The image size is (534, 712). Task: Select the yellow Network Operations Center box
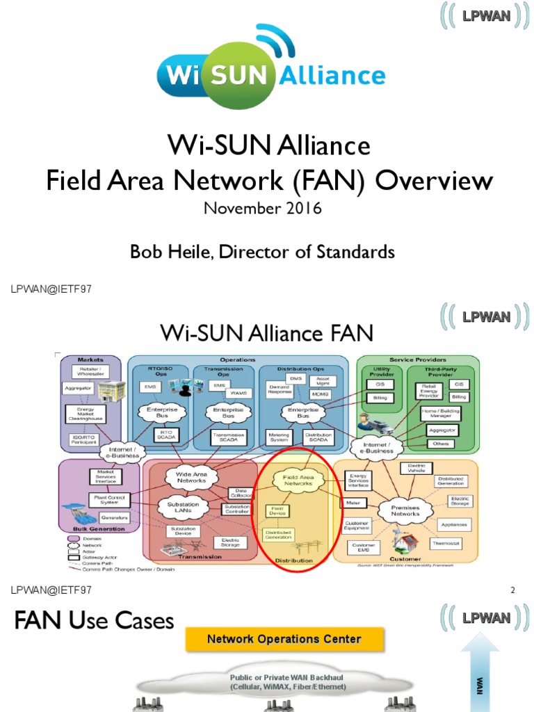[x=284, y=639]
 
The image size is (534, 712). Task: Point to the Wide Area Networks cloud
[x=191, y=477]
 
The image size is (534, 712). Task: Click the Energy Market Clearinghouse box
[x=86, y=414]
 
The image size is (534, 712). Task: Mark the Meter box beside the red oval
[x=352, y=502]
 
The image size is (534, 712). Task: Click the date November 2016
[x=262, y=209]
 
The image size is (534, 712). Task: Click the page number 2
[x=512, y=590]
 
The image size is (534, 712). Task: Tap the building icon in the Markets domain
[x=111, y=391]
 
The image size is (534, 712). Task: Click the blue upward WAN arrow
[x=479, y=672]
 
